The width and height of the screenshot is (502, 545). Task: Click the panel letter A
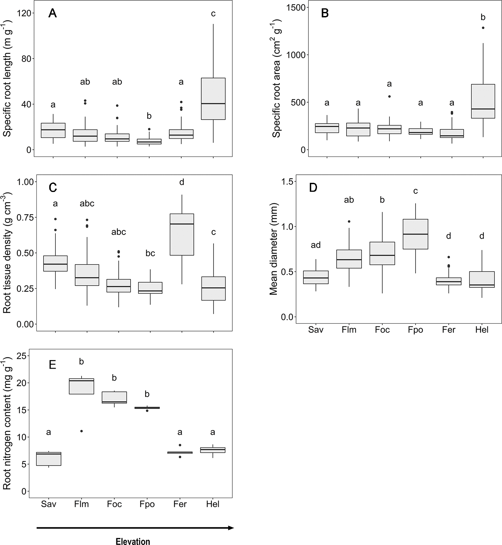point(53,13)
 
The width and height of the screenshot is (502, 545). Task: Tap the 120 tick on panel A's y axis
point(23,13)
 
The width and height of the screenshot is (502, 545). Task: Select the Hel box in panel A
point(213,99)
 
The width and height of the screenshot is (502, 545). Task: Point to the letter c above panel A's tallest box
point(213,14)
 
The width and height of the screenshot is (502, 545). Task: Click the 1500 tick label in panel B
point(296,7)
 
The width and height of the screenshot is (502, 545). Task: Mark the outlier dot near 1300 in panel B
point(483,28)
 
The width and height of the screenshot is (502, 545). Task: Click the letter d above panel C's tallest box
point(182,182)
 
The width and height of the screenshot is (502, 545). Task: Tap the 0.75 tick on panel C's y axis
point(26,217)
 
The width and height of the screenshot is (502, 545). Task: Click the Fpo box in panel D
point(415,234)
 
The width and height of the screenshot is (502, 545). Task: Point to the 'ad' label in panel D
point(316,245)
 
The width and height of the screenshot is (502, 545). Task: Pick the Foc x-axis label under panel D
point(382,330)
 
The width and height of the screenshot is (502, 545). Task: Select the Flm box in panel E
point(81,386)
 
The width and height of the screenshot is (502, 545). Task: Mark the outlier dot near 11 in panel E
point(82,431)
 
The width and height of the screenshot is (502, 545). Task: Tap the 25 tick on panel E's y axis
point(21,356)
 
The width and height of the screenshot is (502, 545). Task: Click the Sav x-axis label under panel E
point(48,504)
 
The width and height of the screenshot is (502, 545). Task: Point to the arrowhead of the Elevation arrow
point(231,528)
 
